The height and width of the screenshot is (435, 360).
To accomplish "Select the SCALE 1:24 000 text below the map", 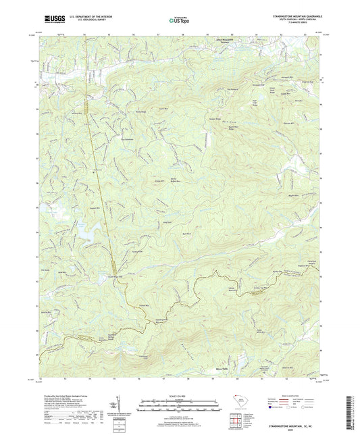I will point(179,394).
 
